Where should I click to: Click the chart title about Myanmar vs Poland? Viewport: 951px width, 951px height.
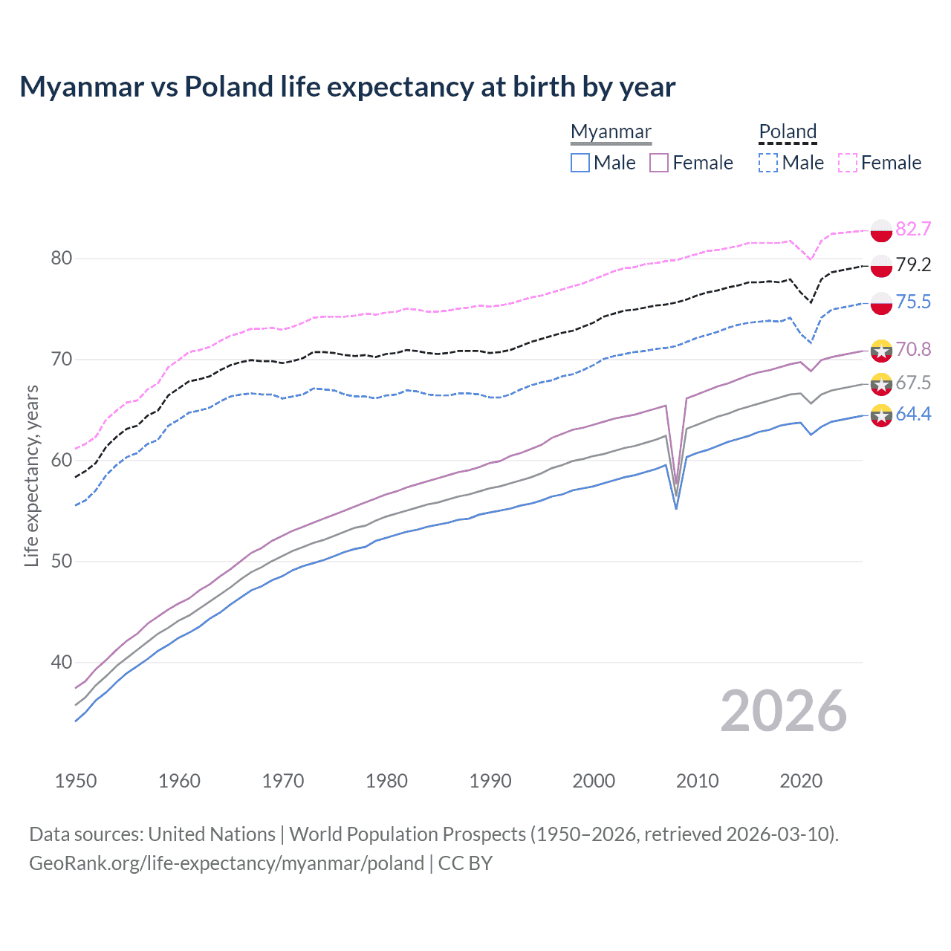(347, 87)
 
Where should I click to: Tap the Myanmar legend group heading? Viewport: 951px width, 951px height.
(611, 132)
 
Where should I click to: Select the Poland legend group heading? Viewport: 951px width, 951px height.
(788, 132)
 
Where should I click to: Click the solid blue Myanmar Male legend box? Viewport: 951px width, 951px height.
(580, 163)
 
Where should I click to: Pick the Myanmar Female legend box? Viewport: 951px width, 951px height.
(659, 163)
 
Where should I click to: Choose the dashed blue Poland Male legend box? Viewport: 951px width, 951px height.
(768, 163)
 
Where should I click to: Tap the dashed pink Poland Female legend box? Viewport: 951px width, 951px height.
(848, 163)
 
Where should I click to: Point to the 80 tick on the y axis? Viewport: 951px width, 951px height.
(62, 259)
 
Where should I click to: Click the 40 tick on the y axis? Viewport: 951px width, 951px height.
(62, 662)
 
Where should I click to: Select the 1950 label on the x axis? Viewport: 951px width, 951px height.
(76, 781)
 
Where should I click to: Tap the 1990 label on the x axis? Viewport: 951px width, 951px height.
(490, 781)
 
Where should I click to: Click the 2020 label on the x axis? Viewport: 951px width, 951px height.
(801, 781)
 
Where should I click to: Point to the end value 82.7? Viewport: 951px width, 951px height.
(913, 229)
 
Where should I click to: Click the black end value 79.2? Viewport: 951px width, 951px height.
(913, 264)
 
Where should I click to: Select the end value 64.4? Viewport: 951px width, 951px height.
(913, 414)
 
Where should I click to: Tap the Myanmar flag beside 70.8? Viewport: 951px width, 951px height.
(881, 350)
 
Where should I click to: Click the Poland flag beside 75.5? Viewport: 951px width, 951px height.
(881, 303)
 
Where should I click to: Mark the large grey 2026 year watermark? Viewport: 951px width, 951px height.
(783, 711)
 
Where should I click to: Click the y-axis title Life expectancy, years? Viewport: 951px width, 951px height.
(31, 475)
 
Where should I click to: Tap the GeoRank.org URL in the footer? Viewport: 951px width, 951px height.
(227, 863)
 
